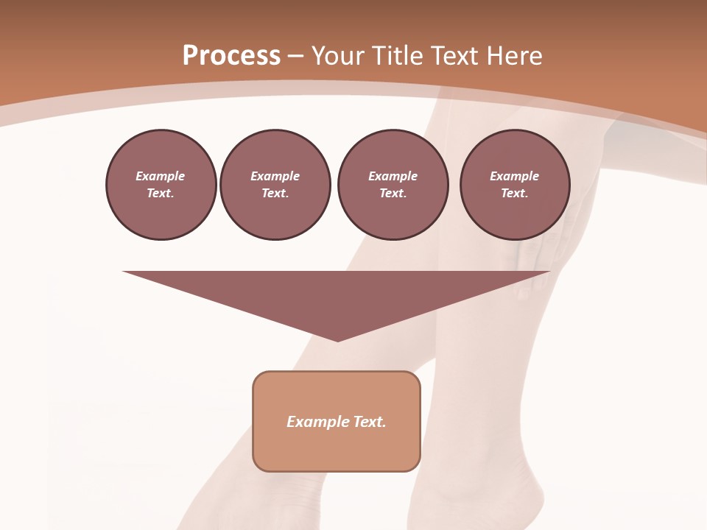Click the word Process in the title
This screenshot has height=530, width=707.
tap(231, 56)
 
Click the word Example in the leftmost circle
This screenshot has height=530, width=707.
tap(161, 176)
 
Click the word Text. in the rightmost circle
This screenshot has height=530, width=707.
tap(515, 193)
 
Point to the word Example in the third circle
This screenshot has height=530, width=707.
tap(393, 176)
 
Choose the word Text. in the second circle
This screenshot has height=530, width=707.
tap(275, 193)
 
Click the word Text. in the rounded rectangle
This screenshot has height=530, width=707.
tap(370, 422)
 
